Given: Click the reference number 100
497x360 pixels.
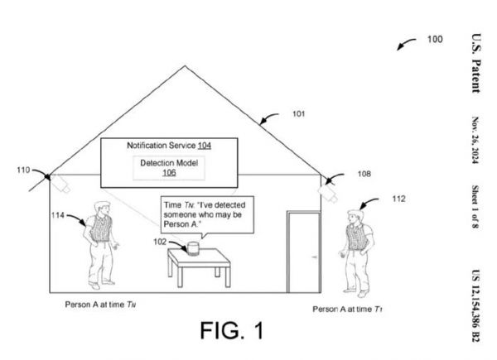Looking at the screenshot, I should click(435, 38).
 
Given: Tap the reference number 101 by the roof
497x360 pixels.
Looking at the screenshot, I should click(298, 114).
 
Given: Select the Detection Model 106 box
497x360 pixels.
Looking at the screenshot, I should click(169, 167).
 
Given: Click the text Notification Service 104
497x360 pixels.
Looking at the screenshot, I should click(169, 146).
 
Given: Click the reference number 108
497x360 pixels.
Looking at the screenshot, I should click(364, 175).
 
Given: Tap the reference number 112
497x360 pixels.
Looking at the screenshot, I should click(398, 199).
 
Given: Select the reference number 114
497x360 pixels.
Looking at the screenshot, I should click(58, 214).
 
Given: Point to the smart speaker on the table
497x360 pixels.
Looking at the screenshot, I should click(193, 247).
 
